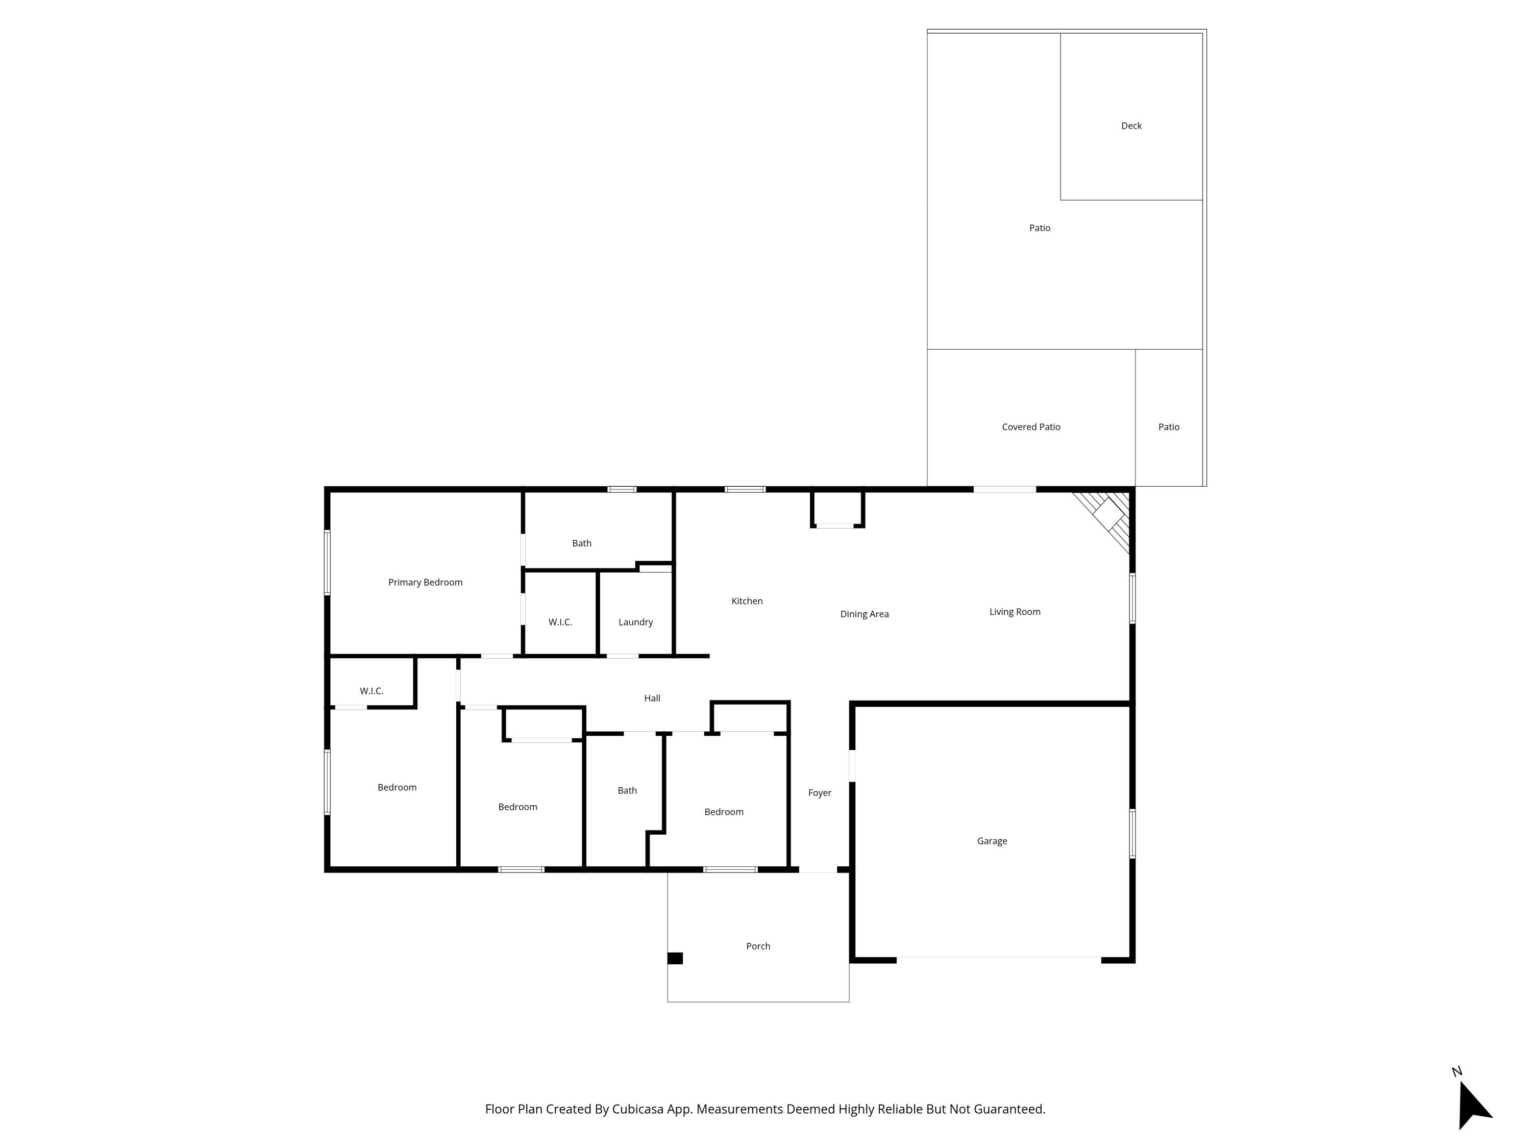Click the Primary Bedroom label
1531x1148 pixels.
tap(425, 582)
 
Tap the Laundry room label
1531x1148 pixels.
tap(635, 622)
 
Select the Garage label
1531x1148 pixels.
tap(992, 841)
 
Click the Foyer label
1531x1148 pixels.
tap(820, 793)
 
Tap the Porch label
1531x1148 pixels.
tap(758, 946)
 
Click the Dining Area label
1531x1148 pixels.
tap(864, 614)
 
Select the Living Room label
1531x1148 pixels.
tap(1014, 612)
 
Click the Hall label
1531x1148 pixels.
tap(652, 698)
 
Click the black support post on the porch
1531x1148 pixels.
tap(675, 958)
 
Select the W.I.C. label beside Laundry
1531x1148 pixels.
tap(560, 622)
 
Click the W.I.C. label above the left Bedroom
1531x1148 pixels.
tap(371, 691)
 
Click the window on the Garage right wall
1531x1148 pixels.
tap(1132, 834)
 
